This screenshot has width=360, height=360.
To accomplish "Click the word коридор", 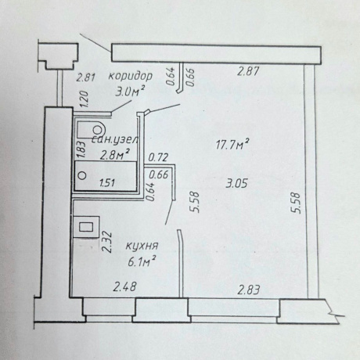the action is (130, 76).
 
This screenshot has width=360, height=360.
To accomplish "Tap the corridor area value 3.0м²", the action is (130, 92).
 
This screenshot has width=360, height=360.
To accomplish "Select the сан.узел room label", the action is (115, 140).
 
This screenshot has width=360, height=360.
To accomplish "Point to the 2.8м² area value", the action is (115, 155).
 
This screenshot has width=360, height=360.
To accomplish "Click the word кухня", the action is (142, 246).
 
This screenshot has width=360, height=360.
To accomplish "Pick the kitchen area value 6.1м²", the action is (142, 261).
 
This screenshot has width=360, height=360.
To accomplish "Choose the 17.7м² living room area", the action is (232, 144).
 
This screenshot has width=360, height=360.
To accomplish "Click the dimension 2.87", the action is (248, 71).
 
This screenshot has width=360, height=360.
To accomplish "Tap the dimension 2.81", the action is (85, 77).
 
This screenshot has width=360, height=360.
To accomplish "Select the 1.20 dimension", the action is (85, 99).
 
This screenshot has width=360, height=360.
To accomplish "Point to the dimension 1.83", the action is (81, 149).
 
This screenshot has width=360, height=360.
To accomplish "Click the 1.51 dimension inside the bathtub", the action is (107, 182).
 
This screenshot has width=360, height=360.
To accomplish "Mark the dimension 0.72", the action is (158, 157).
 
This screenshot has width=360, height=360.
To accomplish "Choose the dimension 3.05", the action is (236, 184).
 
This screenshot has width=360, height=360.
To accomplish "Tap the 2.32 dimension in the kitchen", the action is (107, 242).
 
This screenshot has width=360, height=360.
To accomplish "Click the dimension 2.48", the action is (124, 287).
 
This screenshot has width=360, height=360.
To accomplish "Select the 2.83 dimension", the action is (249, 290).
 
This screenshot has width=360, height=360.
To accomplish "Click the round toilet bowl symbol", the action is (98, 129).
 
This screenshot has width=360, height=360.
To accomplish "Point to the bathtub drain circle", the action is (82, 175).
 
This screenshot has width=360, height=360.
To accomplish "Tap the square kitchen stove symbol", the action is (86, 227).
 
